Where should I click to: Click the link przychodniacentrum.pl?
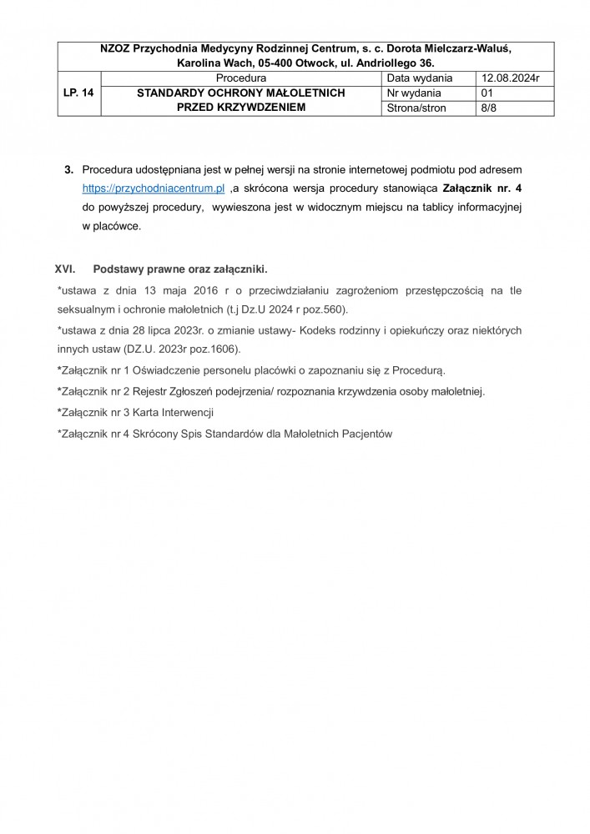pos(154,189)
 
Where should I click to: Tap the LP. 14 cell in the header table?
pos(78,93)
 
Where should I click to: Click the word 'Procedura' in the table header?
pos(240,78)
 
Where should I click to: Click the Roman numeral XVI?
pos(65,270)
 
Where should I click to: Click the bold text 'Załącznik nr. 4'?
pos(483,189)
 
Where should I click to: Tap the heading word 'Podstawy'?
pos(120,270)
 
